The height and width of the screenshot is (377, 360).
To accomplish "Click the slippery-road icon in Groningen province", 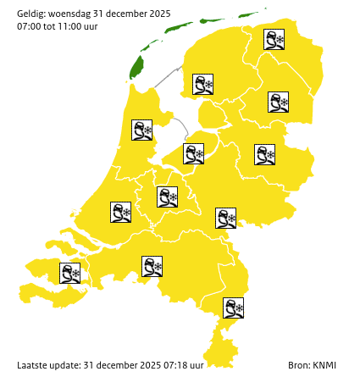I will click(274, 40).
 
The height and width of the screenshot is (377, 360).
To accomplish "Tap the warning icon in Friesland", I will click(202, 84).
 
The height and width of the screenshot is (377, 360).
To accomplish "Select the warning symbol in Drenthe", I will click(278, 103).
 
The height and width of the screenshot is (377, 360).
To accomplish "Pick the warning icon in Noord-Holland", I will click(141, 130).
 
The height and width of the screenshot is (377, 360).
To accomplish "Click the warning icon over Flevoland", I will click(194, 153).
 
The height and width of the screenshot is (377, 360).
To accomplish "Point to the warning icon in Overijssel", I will click(264, 154).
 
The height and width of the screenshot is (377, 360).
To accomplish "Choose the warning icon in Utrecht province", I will click(167, 197).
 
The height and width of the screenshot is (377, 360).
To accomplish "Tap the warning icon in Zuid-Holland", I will click(120, 212).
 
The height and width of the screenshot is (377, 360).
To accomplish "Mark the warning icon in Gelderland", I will click(225, 218).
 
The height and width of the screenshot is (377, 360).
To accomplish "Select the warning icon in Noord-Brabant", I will click(152, 267).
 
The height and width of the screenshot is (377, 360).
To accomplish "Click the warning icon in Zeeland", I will click(69, 273).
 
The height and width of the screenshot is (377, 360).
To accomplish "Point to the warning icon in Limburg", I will click(233, 308).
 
